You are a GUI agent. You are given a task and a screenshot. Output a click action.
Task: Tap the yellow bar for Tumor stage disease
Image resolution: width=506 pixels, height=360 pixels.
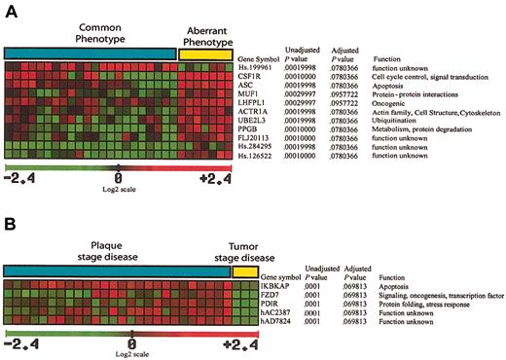(244, 270)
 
